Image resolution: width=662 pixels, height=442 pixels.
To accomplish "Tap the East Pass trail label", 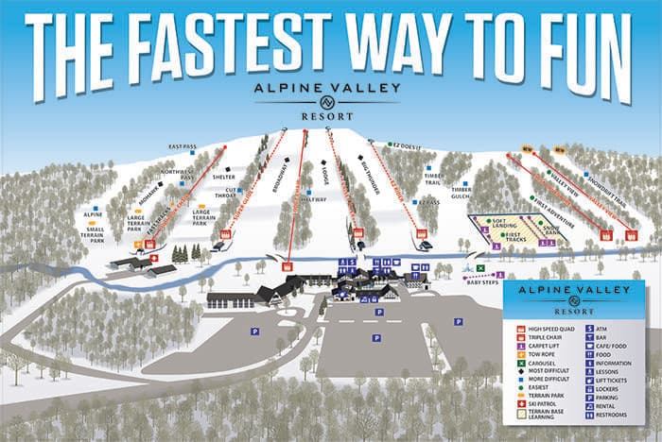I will (x=183, y=146).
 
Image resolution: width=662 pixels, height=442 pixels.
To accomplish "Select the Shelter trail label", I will (x=224, y=176).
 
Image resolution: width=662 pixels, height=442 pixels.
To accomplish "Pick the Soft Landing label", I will (x=503, y=225).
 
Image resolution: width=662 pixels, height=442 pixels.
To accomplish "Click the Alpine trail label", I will (x=93, y=214).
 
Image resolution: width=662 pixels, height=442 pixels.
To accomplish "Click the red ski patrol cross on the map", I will (x=153, y=258).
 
